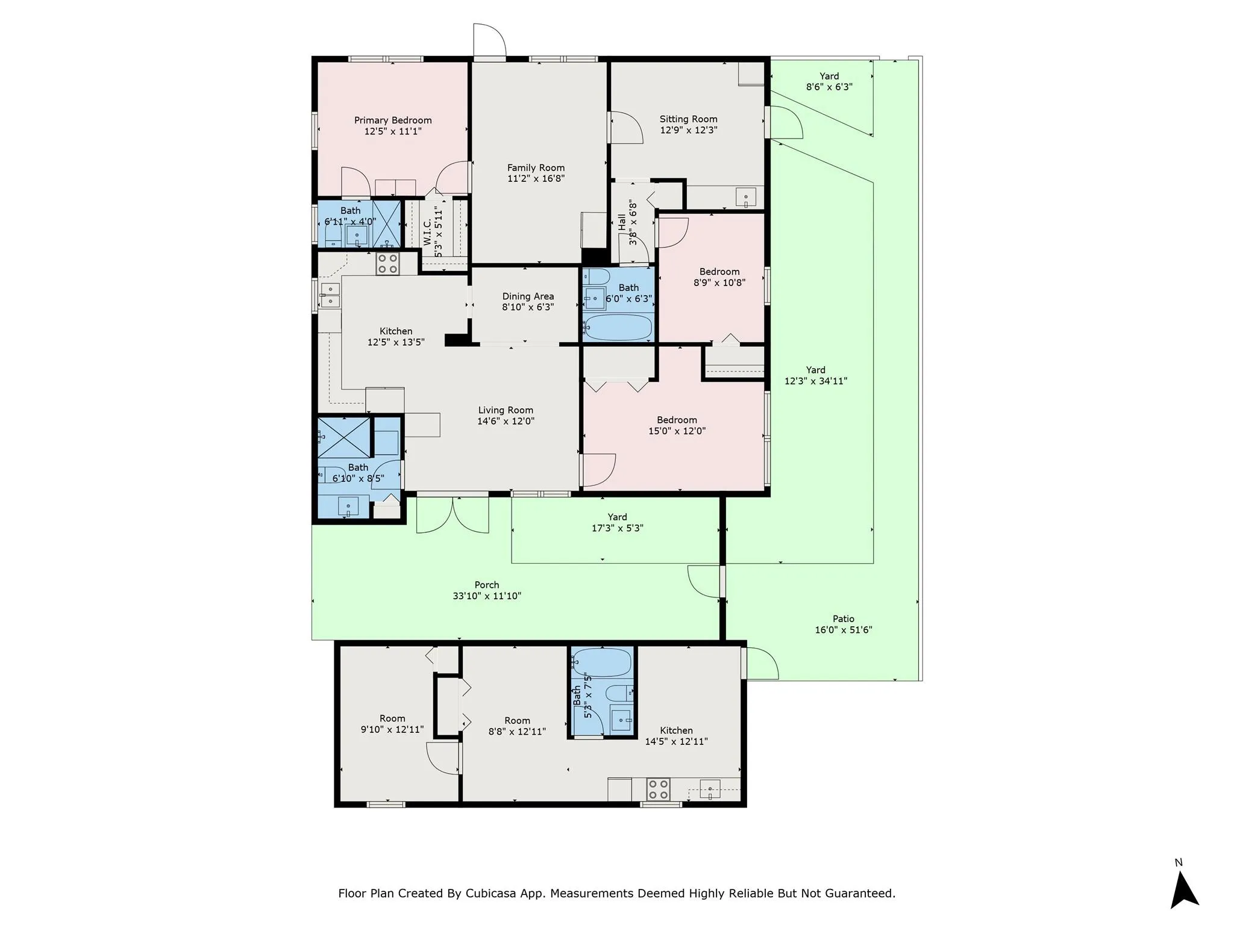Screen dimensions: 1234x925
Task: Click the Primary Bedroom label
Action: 393,120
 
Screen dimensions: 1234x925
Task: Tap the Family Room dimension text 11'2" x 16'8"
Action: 536,179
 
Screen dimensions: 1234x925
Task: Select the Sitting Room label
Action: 688,119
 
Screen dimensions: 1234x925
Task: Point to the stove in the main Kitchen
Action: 387,264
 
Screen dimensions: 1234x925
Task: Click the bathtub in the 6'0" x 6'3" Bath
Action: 618,328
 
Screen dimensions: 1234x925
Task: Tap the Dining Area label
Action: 528,296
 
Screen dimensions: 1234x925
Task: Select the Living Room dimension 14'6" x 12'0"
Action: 506,422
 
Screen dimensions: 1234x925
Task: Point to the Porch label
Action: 487,585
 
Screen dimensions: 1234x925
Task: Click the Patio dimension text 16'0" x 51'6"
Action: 844,630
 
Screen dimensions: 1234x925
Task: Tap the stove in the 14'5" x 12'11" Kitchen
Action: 658,790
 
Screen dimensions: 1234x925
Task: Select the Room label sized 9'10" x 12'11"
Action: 392,718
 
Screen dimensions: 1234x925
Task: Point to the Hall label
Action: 622,223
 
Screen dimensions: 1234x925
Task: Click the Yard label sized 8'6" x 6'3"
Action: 829,76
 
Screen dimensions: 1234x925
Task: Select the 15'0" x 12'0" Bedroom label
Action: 677,420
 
